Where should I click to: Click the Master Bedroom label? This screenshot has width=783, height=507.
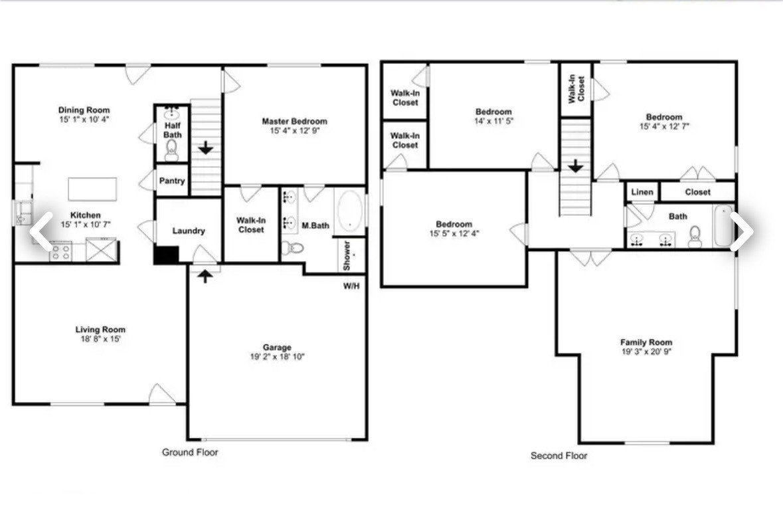(x=294, y=121)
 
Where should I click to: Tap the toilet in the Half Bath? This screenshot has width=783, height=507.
(x=172, y=150)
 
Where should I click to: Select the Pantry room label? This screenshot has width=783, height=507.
(x=172, y=181)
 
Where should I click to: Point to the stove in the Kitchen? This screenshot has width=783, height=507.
(x=61, y=252)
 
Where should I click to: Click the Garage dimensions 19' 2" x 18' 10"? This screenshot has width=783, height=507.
(x=277, y=357)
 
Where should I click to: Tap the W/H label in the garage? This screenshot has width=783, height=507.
(x=352, y=286)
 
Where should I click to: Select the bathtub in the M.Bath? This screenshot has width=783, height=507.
(x=349, y=211)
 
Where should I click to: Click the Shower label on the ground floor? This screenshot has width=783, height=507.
(x=347, y=255)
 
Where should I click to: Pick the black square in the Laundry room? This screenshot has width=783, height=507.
(x=166, y=255)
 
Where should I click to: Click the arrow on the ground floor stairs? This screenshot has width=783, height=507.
(x=206, y=148)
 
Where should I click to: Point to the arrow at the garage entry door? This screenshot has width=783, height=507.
(x=206, y=275)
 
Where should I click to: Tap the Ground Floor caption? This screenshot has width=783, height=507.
(x=190, y=453)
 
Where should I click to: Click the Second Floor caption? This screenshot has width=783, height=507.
(x=559, y=456)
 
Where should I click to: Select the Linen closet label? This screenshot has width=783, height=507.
(x=642, y=192)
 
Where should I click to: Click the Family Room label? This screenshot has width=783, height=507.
(x=646, y=342)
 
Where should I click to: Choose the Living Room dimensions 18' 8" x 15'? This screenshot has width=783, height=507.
(x=100, y=339)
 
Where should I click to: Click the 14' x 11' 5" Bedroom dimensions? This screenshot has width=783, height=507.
(x=493, y=121)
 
